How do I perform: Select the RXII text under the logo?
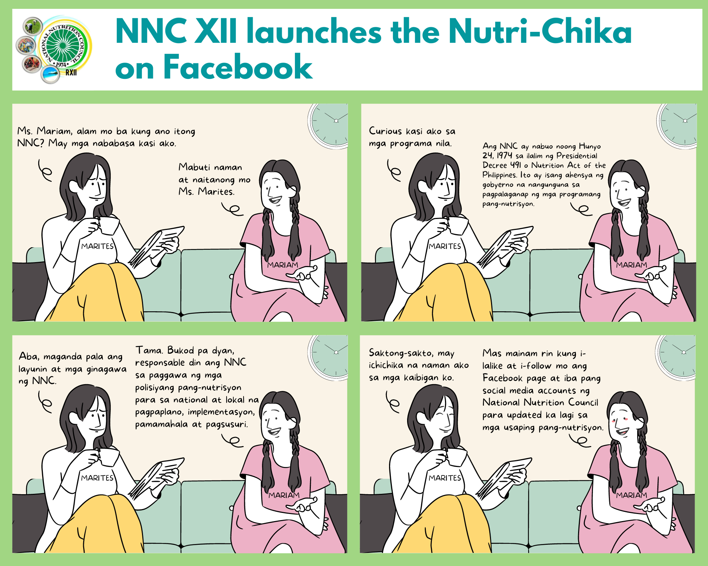click(x=71, y=73)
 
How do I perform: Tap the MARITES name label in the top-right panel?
click(x=445, y=246)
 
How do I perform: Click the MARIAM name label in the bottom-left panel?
click(x=284, y=495)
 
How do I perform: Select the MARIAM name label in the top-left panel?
click(x=283, y=265)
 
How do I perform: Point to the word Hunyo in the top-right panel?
click(x=590, y=146)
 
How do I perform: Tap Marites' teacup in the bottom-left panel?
click(x=108, y=457)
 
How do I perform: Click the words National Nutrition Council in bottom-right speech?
click(x=540, y=403)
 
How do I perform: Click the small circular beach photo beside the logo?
click(x=50, y=75)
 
